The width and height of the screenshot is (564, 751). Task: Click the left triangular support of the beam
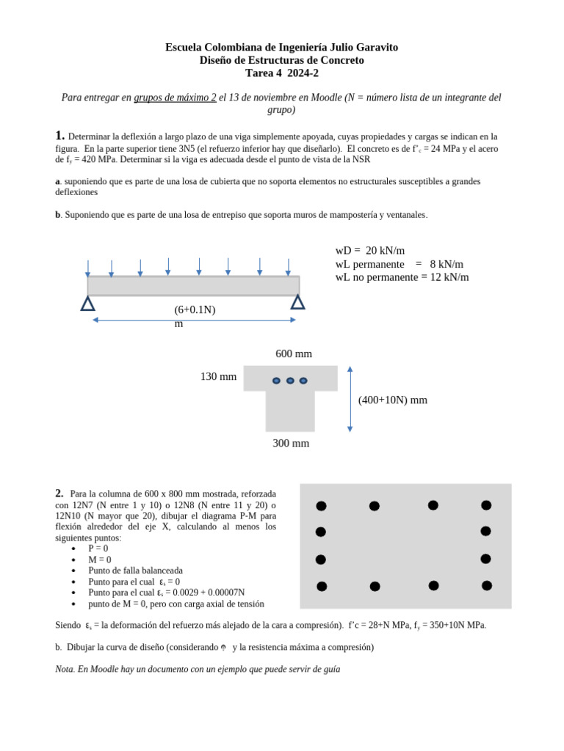[x=87, y=303]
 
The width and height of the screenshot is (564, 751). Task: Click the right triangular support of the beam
[x=297, y=301]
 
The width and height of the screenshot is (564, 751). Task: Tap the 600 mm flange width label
[x=294, y=354]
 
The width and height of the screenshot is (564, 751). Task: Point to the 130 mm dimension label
[x=218, y=377]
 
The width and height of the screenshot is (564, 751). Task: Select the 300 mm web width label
[x=291, y=444]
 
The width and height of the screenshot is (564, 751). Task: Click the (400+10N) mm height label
[x=392, y=400]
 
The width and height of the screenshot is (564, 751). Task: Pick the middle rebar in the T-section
[x=290, y=381]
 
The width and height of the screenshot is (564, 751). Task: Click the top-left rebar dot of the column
[x=321, y=506]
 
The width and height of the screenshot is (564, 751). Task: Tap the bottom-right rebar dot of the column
[x=486, y=585]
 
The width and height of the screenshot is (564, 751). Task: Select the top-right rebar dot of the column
[x=486, y=505]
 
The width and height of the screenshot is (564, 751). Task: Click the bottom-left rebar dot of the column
[x=322, y=586]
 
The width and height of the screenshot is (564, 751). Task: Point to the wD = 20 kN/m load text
[x=369, y=251]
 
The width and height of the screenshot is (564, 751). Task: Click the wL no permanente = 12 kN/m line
[x=402, y=277]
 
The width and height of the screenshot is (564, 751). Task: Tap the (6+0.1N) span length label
[x=195, y=310]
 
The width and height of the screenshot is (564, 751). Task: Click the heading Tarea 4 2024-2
[x=281, y=73]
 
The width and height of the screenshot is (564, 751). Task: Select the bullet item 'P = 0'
[x=98, y=549]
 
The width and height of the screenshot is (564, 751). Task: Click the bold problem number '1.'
[x=60, y=136]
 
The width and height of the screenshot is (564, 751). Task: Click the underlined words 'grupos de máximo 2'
[x=175, y=98]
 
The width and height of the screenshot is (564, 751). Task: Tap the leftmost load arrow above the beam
[x=87, y=268]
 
